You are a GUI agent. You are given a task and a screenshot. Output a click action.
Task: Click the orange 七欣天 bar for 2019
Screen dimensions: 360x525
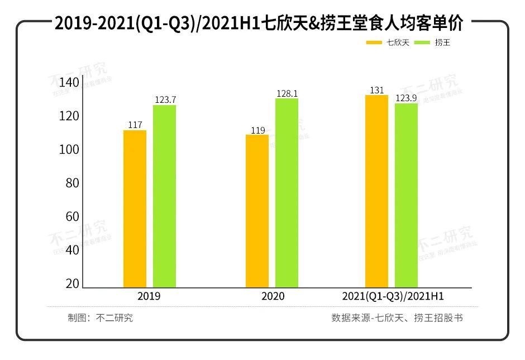click(135, 209)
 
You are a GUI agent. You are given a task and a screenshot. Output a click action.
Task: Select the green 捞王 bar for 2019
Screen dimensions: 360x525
click(164, 196)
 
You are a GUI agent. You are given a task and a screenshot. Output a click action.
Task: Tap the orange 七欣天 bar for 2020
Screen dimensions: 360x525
click(257, 211)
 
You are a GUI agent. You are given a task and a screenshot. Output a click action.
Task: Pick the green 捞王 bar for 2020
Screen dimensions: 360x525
click(287, 193)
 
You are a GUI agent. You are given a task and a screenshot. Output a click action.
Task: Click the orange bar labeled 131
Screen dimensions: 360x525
click(376, 191)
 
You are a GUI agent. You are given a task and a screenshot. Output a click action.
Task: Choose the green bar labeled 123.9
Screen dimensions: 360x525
click(406, 195)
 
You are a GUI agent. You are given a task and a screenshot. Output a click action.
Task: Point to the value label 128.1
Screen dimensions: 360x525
click(287, 93)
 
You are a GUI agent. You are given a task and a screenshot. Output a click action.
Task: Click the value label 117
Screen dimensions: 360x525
click(135, 125)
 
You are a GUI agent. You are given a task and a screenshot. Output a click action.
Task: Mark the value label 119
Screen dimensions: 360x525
click(257, 130)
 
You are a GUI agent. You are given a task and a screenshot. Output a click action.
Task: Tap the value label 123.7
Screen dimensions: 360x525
click(165, 100)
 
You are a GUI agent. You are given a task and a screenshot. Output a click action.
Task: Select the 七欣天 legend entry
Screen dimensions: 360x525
click(388, 42)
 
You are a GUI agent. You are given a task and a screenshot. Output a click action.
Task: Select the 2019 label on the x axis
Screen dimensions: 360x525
click(149, 296)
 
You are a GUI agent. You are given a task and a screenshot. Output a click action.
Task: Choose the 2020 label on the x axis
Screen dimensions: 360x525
click(273, 296)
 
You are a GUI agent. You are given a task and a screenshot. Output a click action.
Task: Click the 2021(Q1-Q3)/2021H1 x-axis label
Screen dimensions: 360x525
click(396, 296)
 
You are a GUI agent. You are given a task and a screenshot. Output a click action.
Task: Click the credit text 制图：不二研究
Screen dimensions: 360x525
click(101, 318)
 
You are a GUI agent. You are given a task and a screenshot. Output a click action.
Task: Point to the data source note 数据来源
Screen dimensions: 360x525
click(397, 318)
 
